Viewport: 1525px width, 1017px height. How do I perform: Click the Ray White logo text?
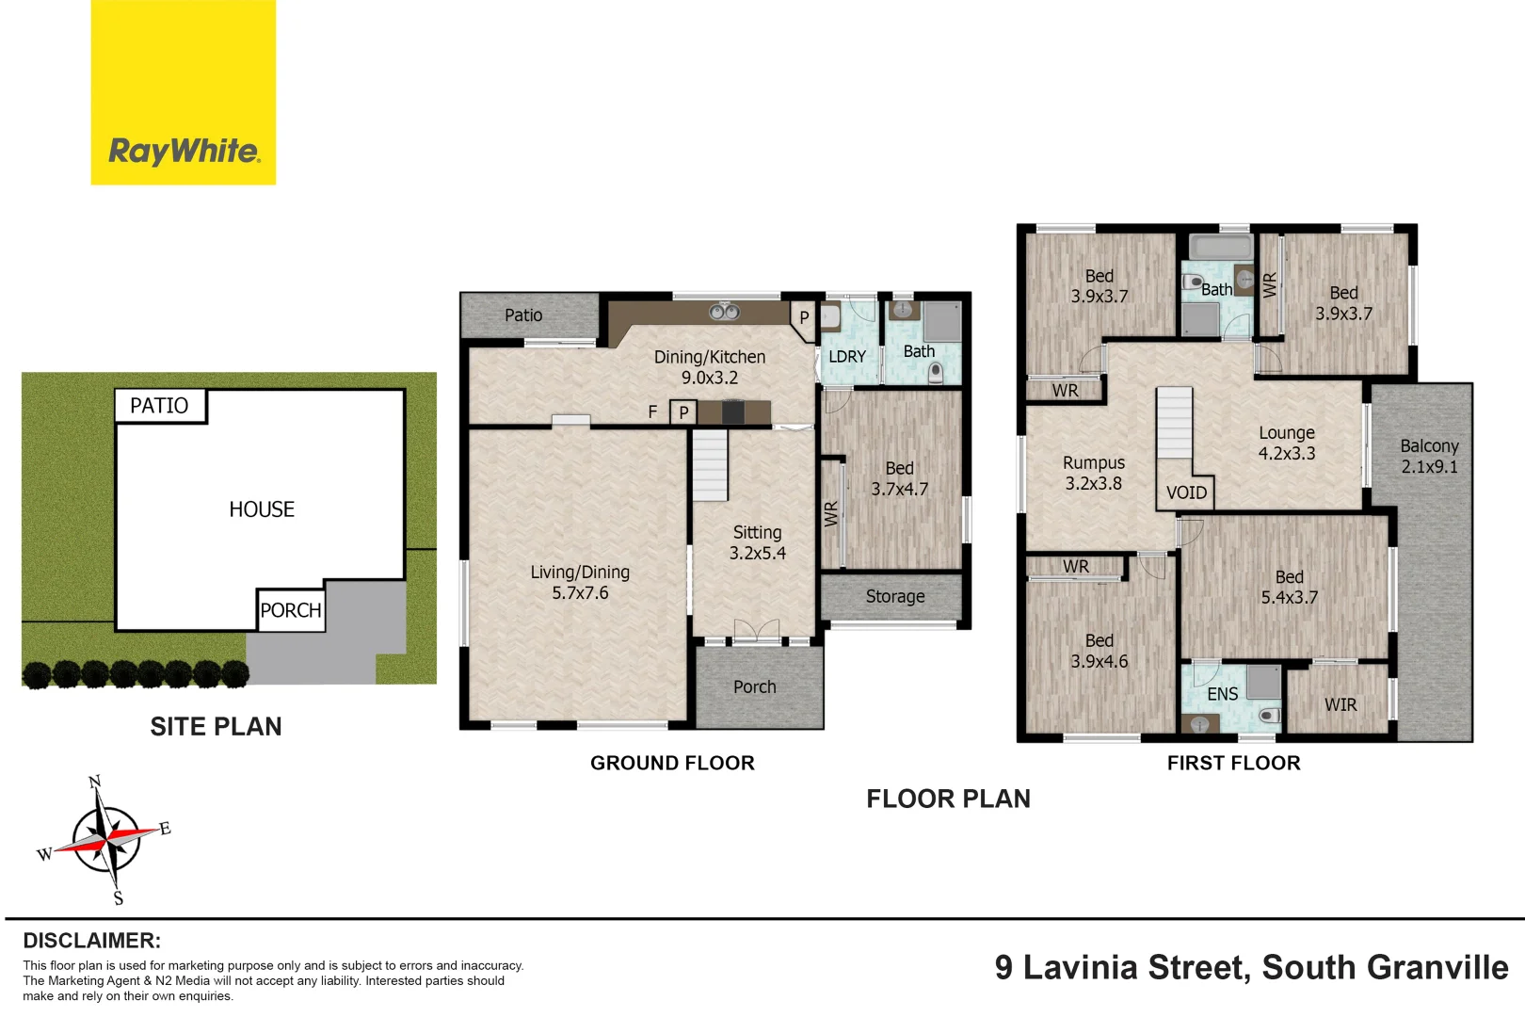184,151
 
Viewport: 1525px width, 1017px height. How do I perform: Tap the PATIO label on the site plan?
159,406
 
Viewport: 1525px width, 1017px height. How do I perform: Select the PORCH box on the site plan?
291,610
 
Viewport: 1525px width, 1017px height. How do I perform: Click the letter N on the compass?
94,783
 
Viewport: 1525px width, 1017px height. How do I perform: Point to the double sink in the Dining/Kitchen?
724,312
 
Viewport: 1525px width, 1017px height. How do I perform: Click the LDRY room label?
846,357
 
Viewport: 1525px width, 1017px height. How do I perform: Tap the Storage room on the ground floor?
894,596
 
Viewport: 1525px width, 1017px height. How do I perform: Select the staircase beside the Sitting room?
710,465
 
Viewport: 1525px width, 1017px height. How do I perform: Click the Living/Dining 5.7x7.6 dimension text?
580,593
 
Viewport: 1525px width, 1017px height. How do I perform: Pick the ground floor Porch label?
755,687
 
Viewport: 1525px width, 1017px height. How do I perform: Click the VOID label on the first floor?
1186,492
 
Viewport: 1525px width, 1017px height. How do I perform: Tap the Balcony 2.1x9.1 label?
1429,456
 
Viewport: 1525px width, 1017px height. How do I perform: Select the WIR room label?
1340,704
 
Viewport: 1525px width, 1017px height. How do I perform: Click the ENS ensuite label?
1222,694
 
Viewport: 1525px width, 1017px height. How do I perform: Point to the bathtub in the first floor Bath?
1221,249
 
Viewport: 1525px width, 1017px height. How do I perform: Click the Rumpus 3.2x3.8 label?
1093,473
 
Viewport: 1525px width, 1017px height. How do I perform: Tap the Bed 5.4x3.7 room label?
1289,587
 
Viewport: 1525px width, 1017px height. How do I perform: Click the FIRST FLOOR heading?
1233,763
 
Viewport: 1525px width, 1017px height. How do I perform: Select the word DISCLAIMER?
91,941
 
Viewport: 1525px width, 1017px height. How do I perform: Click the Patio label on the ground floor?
523,315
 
